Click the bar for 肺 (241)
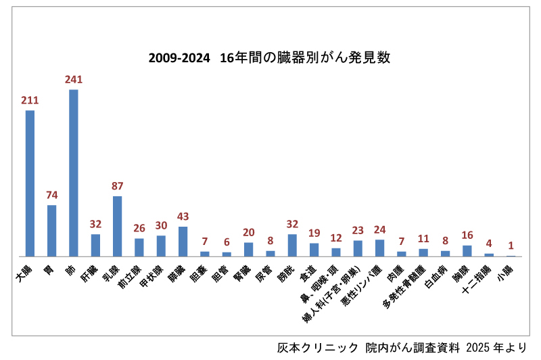tap(74, 173)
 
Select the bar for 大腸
tap(30, 183)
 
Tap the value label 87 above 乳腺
tap(117, 185)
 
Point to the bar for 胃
tap(51, 231)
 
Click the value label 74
tap(52, 195)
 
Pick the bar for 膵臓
tap(183, 242)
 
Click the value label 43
tap(183, 216)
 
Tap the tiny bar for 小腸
tap(511, 256)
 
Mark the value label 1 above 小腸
tap(511, 246)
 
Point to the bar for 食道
tap(314, 250)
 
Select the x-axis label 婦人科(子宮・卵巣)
tap(333, 302)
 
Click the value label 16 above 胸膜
tap(467, 235)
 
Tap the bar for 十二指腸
tap(489, 255)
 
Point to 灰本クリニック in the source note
tap(318, 347)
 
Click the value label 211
tap(30, 100)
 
